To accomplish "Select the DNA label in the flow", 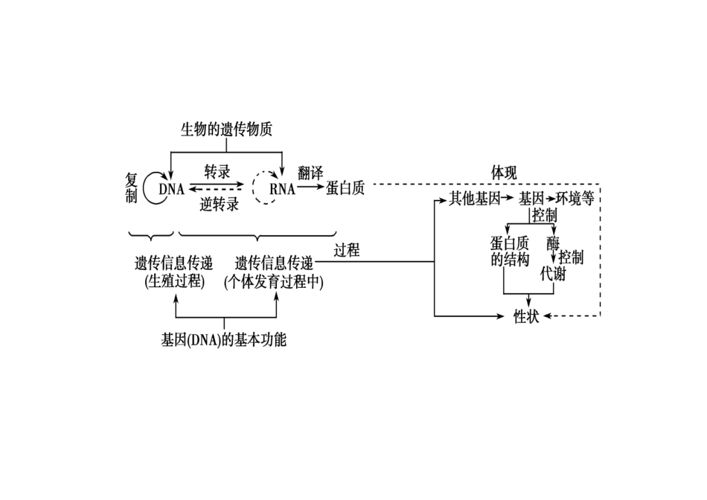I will pos(171,189).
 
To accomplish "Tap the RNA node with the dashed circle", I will pos(283,189).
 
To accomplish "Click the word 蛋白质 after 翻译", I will pos(345,188).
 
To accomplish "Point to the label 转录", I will pos(217,173).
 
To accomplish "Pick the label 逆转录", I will pos(220,205).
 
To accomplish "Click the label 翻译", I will pos(310,173).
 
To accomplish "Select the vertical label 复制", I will pos(132,189).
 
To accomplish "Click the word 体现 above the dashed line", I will pos(504,173).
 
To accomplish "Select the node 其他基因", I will pos(473,199).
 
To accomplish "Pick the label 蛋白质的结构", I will pos(510,251).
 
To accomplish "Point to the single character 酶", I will pos(552,243).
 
